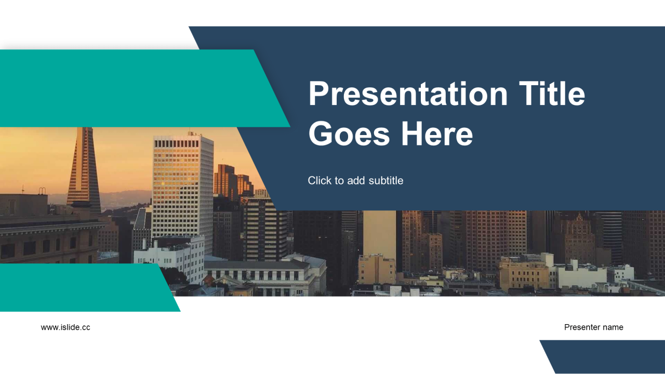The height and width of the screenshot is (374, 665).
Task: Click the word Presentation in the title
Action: point(408,95)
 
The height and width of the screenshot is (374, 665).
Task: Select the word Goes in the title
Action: point(349,134)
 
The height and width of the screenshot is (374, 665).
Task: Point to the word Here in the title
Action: point(437,134)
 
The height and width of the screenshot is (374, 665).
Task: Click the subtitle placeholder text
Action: point(355,180)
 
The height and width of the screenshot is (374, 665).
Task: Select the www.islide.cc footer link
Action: point(65,327)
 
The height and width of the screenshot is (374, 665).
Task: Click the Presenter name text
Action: point(593,327)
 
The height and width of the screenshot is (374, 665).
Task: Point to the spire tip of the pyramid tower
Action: point(84,128)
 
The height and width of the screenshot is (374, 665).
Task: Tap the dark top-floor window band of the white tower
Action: point(176,144)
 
